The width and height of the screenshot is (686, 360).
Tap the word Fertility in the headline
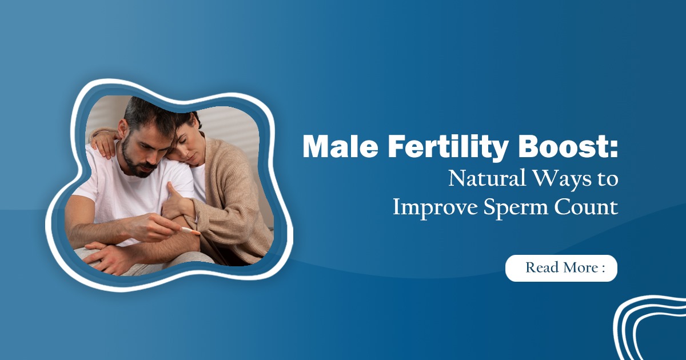tap(435, 149)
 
